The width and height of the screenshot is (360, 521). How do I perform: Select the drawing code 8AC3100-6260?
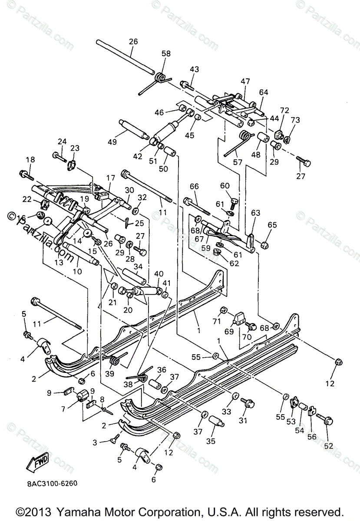pyautogui.click(x=49, y=482)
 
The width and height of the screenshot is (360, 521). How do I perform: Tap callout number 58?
pyautogui.click(x=166, y=54)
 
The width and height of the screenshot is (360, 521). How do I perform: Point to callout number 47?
pyautogui.click(x=246, y=81)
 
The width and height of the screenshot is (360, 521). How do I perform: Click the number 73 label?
pyautogui.click(x=295, y=120)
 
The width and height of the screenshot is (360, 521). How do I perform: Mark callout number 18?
pyautogui.click(x=30, y=160)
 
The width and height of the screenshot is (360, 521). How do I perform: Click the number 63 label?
pyautogui.click(x=255, y=213)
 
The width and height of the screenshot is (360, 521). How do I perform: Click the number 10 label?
pyautogui.click(x=78, y=272)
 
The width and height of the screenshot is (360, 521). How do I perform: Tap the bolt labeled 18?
pyautogui.click(x=26, y=176)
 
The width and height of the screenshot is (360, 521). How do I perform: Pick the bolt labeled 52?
pyautogui.click(x=326, y=419)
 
